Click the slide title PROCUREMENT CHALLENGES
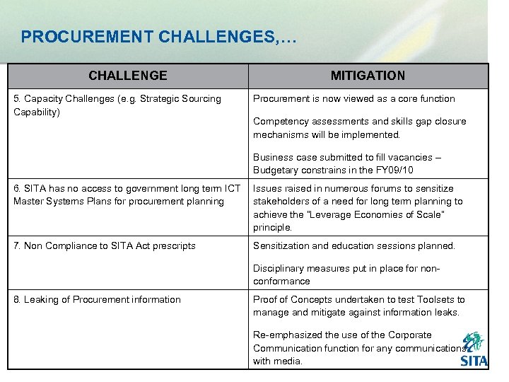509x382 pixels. pyautogui.click(x=159, y=37)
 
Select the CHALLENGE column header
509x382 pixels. pyautogui.click(x=128, y=76)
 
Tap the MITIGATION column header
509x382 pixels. pyautogui.click(x=368, y=76)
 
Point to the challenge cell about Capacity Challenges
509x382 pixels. pyautogui.click(x=117, y=105)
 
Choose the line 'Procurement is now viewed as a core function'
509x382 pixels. pyautogui.click(x=353, y=99)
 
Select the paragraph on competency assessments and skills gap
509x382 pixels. pyautogui.click(x=359, y=128)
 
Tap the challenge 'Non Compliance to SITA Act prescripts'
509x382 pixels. pyautogui.click(x=105, y=246)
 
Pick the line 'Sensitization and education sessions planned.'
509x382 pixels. pyautogui.click(x=354, y=246)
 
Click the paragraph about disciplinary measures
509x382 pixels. pyautogui.click(x=346, y=274)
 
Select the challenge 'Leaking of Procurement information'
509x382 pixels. pyautogui.click(x=97, y=300)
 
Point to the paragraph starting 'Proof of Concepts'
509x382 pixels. pyautogui.click(x=358, y=306)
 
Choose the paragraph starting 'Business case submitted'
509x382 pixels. pyautogui.click(x=346, y=164)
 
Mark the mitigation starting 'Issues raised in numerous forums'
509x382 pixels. pyautogui.click(x=357, y=208)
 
